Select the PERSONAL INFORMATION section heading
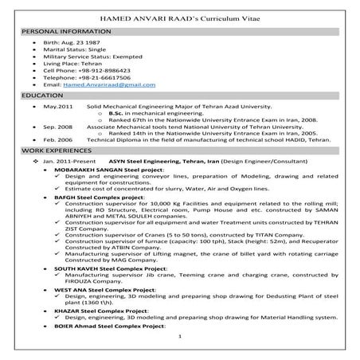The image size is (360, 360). point(58,29)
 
